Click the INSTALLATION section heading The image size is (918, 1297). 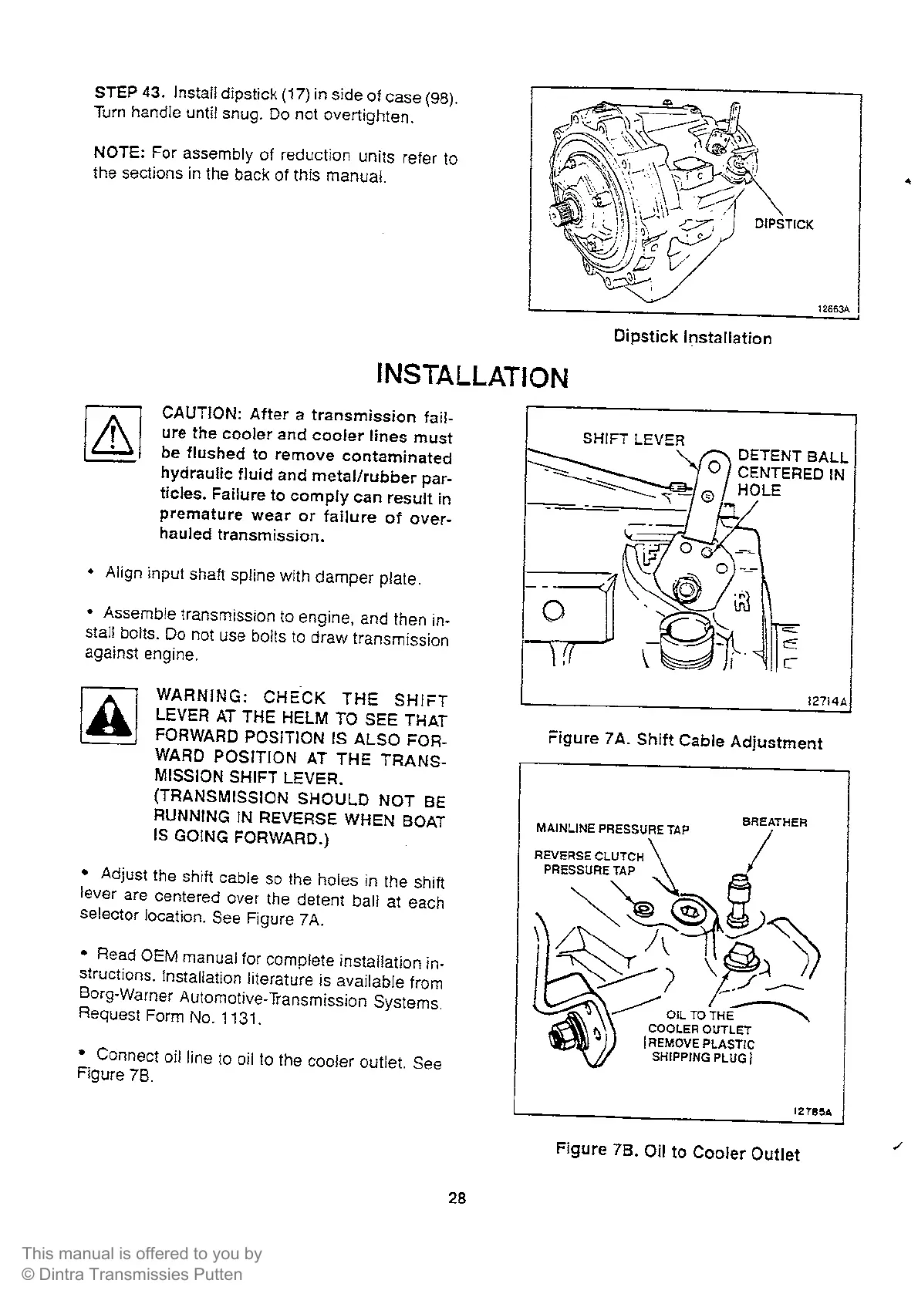click(x=471, y=376)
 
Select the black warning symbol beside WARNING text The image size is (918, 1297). click(x=108, y=715)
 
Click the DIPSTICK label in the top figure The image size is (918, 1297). click(x=783, y=224)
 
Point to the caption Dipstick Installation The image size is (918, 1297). click(x=692, y=337)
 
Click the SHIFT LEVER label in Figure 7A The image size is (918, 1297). click(x=633, y=440)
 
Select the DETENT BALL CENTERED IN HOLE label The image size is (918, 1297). click(x=791, y=473)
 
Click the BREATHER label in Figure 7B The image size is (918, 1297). click(x=774, y=823)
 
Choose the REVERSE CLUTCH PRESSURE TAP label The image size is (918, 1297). click(x=589, y=863)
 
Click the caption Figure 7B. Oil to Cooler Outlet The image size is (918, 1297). click(x=677, y=1153)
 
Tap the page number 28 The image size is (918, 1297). click(x=457, y=1198)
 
